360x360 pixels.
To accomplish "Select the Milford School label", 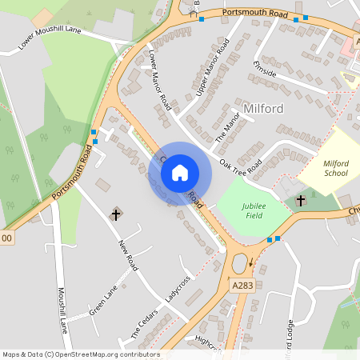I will point(335,168).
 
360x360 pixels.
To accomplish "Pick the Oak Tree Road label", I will point(242,165).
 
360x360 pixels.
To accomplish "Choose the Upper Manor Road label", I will point(211,76).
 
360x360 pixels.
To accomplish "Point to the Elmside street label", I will point(264,69).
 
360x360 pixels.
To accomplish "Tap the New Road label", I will point(128,255).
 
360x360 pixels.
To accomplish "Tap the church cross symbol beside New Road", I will point(115,214).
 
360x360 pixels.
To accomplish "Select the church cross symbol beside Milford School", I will point(301,200).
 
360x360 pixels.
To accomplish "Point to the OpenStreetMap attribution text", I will point(81,354).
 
